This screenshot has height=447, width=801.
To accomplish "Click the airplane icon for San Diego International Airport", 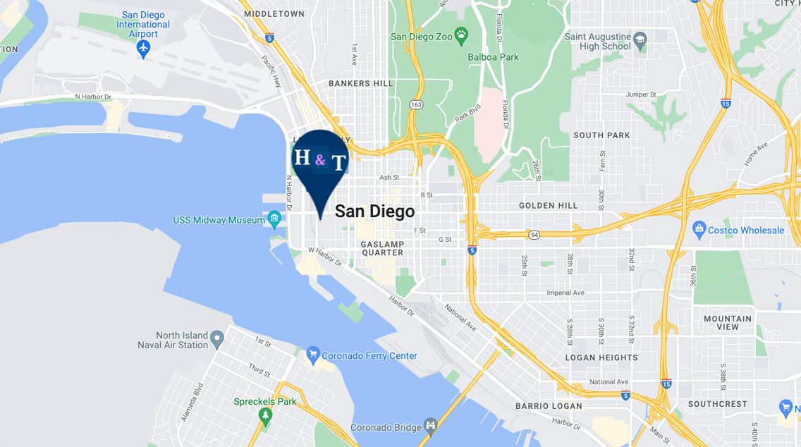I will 144,49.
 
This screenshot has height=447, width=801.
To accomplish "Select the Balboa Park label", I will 493,56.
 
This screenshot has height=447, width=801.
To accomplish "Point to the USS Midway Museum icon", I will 274,219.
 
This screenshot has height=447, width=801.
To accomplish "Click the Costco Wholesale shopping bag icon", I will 699,229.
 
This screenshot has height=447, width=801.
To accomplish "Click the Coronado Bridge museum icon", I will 431,426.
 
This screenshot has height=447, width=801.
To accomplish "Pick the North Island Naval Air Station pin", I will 217,339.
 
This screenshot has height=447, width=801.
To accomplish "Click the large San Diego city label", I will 374,212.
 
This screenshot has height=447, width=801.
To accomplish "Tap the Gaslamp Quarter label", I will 382,248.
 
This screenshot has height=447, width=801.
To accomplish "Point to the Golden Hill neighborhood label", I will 548,206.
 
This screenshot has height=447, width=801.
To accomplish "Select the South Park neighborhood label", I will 601,135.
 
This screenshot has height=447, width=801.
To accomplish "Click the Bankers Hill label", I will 360,83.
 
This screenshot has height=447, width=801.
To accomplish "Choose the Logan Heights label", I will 601,357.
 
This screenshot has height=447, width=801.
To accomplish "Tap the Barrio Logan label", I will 549,406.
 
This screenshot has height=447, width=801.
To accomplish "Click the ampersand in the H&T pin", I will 320,160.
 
